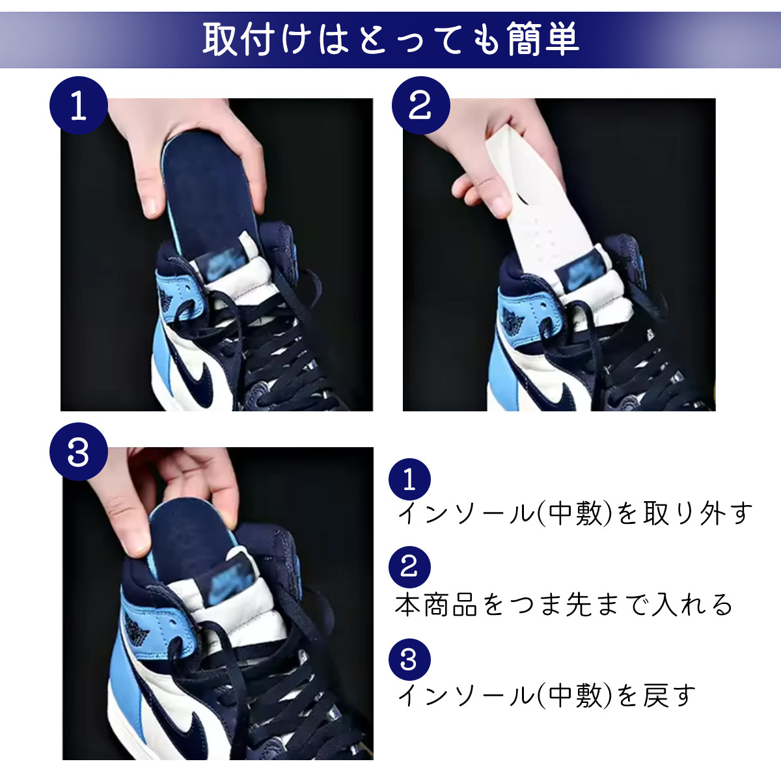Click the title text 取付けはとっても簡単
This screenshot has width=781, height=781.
tap(390, 39)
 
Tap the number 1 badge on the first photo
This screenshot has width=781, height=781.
tap(79, 105)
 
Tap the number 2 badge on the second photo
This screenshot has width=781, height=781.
tap(420, 105)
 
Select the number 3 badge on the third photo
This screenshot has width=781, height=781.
tap(79, 452)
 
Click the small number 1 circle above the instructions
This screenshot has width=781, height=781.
tap(409, 479)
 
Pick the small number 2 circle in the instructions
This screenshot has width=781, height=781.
tap(409, 567)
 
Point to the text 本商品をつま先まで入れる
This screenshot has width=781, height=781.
tap(564, 605)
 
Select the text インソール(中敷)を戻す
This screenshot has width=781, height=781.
tap(547, 696)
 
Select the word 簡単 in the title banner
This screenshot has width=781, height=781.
tap(543, 39)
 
